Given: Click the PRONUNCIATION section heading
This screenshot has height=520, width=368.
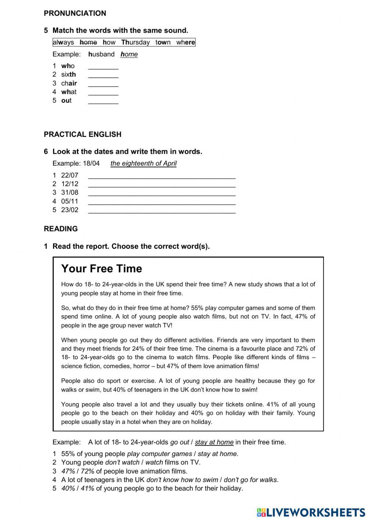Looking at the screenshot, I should pyautogui.click(x=75, y=13).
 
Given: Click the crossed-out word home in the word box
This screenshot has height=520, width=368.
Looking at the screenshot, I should pyautogui.click(x=88, y=42).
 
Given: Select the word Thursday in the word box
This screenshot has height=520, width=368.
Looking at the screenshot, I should pyautogui.click(x=135, y=42).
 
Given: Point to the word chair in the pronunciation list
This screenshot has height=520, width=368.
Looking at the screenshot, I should pyautogui.click(x=69, y=83).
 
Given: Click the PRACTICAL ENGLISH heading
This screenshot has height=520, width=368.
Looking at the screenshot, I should pyautogui.click(x=82, y=134).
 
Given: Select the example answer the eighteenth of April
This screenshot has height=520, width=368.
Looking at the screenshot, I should pyautogui.click(x=143, y=163).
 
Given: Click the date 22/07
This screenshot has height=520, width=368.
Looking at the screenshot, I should pyautogui.click(x=70, y=175).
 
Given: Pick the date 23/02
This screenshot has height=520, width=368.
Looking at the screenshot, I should pyautogui.click(x=70, y=210).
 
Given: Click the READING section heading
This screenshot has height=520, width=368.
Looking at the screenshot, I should pyautogui.click(x=61, y=229).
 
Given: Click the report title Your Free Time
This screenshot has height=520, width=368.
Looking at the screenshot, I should pyautogui.click(x=102, y=269).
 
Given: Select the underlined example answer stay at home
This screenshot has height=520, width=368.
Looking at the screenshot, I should pyautogui.click(x=214, y=442).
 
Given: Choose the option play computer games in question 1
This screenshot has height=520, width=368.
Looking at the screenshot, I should pyautogui.click(x=159, y=454).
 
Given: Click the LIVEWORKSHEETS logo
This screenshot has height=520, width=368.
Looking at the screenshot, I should pyautogui.click(x=311, y=512).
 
